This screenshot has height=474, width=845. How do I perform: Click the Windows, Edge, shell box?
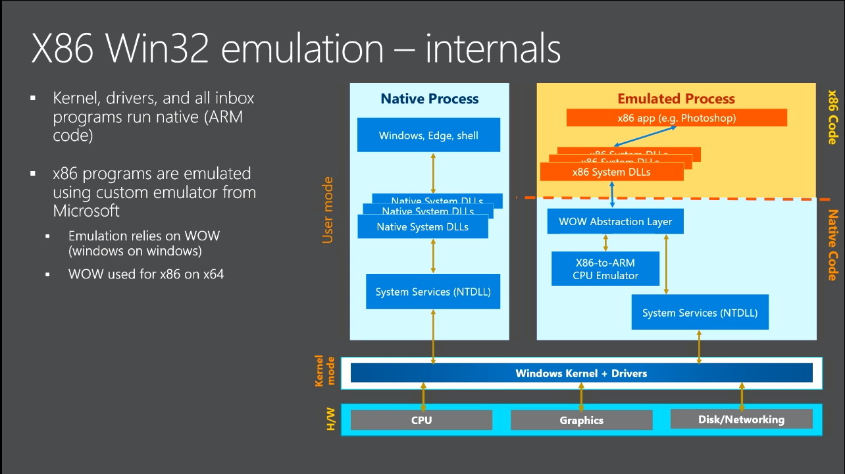pyautogui.click(x=428, y=135)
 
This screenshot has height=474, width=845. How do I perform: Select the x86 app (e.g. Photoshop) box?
pyautogui.click(x=677, y=118)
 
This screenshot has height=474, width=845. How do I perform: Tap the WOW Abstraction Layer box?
pyautogui.click(x=615, y=221)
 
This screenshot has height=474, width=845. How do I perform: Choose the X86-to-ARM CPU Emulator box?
pyautogui.click(x=605, y=269)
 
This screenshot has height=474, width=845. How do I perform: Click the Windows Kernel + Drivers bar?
pyautogui.click(x=581, y=373)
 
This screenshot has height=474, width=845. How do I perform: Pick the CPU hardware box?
pyautogui.click(x=421, y=420)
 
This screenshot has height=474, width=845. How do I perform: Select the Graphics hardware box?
pyautogui.click(x=581, y=420)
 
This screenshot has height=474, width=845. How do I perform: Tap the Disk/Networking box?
pyautogui.click(x=741, y=419)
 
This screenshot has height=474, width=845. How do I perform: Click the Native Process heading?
pyautogui.click(x=429, y=99)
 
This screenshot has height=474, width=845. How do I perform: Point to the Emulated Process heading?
pyautogui.click(x=676, y=99)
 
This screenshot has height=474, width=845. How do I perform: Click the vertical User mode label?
pyautogui.click(x=328, y=210)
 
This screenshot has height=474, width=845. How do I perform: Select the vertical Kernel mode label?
pyautogui.click(x=325, y=371)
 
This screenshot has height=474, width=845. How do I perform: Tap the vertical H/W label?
pyautogui.click(x=330, y=419)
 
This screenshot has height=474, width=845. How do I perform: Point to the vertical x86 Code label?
pyautogui.click(x=832, y=117)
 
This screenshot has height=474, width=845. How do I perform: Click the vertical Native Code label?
pyautogui.click(x=832, y=245)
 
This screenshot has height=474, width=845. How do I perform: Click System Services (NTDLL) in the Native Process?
pyautogui.click(x=433, y=292)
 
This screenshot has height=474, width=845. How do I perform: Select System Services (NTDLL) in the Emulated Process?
pyautogui.click(x=700, y=313)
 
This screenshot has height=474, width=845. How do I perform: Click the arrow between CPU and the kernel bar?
pyautogui.click(x=423, y=396)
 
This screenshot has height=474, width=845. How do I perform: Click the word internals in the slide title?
pyautogui.click(x=493, y=49)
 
